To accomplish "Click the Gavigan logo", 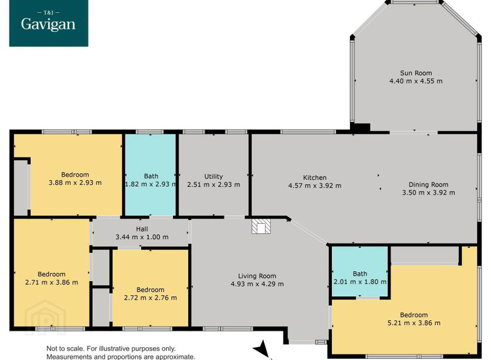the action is (49, 23).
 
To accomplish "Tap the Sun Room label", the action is (416, 73).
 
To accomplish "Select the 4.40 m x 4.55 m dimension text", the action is (416, 81).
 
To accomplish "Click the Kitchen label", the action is (315, 177).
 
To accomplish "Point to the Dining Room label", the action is (429, 185).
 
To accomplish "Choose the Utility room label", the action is (214, 177).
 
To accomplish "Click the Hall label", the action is (142, 229).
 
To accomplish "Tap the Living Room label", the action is (257, 276).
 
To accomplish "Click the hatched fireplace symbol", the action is (261, 226).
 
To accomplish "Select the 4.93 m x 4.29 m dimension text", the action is (257, 284).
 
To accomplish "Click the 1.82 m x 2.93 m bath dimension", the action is (151, 184).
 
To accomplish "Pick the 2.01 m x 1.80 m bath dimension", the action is (360, 282).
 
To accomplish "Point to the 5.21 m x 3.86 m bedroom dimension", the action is (414, 323).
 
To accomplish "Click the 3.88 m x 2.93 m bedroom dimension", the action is (75, 183).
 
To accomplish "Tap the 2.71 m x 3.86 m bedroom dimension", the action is (51, 282).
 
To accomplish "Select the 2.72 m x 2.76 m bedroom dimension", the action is (150, 297).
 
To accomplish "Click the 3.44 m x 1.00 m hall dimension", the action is (142, 237).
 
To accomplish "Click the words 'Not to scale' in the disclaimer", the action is (65, 349).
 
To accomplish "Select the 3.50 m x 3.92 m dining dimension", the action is (429, 193).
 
